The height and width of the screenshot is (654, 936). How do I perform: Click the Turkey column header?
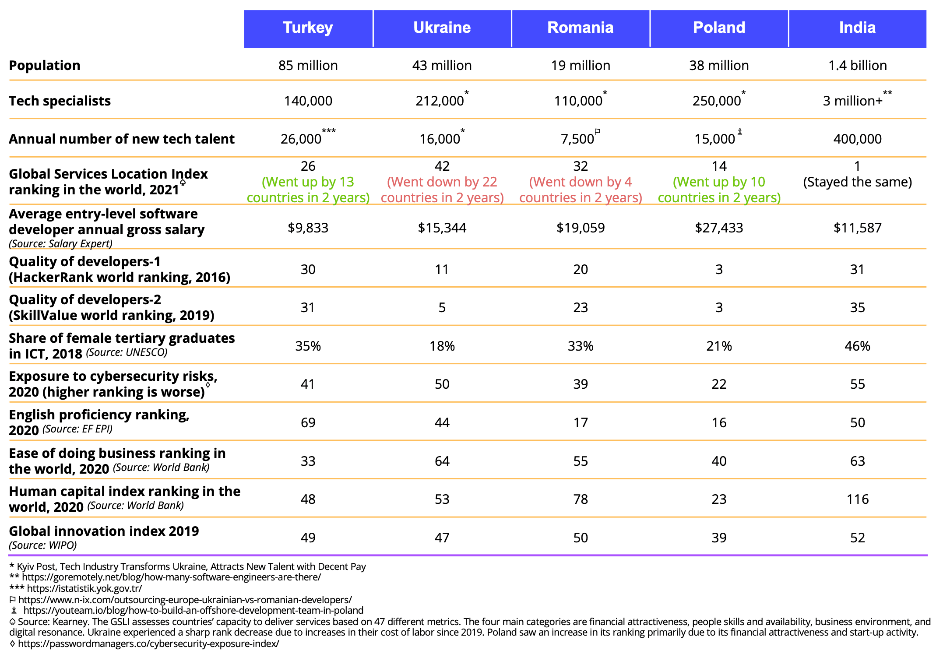point(308,28)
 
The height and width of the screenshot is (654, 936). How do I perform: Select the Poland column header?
point(719,28)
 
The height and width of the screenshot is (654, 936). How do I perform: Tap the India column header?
point(857,28)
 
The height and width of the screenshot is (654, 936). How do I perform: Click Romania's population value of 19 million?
point(581,66)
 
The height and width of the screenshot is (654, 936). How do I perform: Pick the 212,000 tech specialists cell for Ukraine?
point(440,101)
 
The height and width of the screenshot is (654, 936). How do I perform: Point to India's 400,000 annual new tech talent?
point(857,139)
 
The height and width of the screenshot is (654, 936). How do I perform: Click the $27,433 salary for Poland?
point(719,228)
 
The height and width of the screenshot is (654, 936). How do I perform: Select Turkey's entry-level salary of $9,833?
point(308,228)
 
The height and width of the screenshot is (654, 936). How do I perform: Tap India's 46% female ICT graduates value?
point(857,346)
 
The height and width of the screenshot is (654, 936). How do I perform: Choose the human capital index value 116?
point(857,499)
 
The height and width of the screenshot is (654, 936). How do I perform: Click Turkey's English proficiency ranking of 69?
point(308,423)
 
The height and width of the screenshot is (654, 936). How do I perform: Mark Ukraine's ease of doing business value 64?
point(442,461)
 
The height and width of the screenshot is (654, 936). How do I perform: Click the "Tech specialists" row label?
point(60,101)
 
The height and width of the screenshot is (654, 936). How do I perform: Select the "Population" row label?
point(45,66)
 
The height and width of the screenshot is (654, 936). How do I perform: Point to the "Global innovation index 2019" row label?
point(104,531)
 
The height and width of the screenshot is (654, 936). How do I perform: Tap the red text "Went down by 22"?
point(442,182)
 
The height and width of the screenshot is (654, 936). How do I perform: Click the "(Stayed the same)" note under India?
point(857,182)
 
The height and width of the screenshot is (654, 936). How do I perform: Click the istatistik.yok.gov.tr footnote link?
point(84,588)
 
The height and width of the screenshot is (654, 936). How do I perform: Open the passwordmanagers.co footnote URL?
point(148,643)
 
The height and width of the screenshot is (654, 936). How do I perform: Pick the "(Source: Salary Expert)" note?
point(61,244)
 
